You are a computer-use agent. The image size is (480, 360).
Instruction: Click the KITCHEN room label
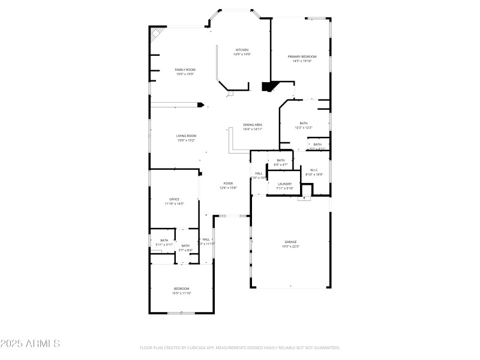click(242, 50)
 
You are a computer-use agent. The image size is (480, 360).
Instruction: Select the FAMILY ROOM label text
click(185, 70)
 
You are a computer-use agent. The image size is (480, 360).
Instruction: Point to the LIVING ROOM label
click(186, 136)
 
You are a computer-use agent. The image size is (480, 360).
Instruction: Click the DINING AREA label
click(252, 125)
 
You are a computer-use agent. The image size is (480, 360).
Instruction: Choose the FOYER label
click(228, 184)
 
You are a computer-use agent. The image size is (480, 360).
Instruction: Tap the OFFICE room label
click(174, 199)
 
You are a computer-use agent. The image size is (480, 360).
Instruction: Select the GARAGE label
click(290, 242)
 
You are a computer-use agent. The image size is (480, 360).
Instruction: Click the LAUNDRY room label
click(284, 184)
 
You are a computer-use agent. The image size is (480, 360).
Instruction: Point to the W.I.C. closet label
click(314, 170)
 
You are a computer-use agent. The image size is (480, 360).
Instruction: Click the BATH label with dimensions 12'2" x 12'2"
click(303, 123)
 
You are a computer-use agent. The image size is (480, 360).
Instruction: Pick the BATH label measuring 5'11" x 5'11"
click(164, 241)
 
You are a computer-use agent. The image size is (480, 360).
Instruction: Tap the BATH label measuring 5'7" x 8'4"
click(185, 245)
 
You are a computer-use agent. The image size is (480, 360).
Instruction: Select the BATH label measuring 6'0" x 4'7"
click(280, 160)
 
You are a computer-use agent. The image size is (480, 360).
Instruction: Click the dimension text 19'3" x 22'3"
click(290, 247)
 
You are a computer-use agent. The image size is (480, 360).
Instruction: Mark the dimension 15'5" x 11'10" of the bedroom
click(181, 293)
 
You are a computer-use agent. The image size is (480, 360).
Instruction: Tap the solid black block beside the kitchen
click(268, 86)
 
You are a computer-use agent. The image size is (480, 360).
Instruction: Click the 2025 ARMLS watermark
click(30, 344)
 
